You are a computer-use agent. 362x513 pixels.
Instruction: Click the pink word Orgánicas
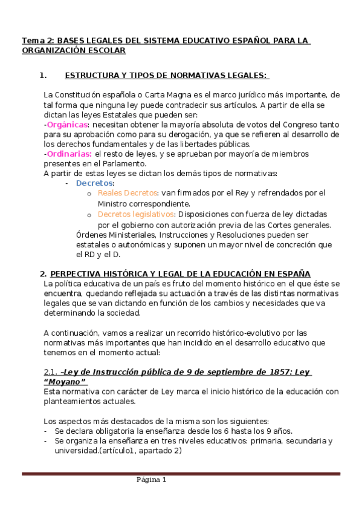click(x=66, y=124)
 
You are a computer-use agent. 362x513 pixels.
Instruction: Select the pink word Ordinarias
click(x=67, y=154)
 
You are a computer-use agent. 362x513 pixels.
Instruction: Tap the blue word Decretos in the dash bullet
click(x=95, y=183)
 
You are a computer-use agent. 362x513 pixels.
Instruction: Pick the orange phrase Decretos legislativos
click(x=136, y=214)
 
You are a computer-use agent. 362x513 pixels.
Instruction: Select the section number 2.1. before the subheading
click(x=51, y=371)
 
